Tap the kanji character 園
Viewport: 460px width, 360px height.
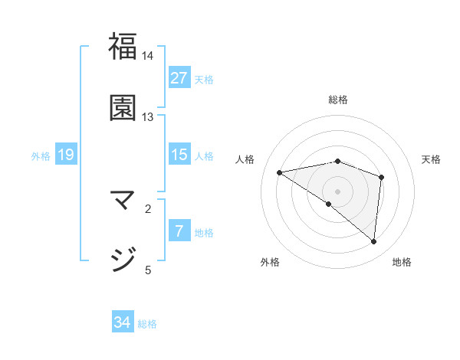coord(123,107)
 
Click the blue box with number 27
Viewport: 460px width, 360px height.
coord(179,78)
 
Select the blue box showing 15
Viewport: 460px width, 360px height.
coord(179,155)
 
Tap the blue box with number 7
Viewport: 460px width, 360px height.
coord(179,231)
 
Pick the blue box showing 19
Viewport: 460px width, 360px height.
coord(66,155)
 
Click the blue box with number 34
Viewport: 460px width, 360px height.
coord(123,322)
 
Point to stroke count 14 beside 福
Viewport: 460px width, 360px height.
coord(148,56)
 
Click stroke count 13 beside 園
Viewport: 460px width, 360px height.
coord(148,117)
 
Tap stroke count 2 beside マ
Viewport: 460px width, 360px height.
coord(148,208)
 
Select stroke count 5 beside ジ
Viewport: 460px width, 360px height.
coord(148,269)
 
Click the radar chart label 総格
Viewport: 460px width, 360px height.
coord(338,100)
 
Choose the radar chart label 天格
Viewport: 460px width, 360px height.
coord(431,159)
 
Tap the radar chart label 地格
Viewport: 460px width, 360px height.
coord(402,262)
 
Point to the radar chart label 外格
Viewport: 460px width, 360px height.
coord(270,262)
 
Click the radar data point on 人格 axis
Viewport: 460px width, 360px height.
coord(279,172)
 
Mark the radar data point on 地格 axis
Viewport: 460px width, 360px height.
coord(374,241)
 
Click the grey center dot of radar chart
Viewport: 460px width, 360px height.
coord(338,190)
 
